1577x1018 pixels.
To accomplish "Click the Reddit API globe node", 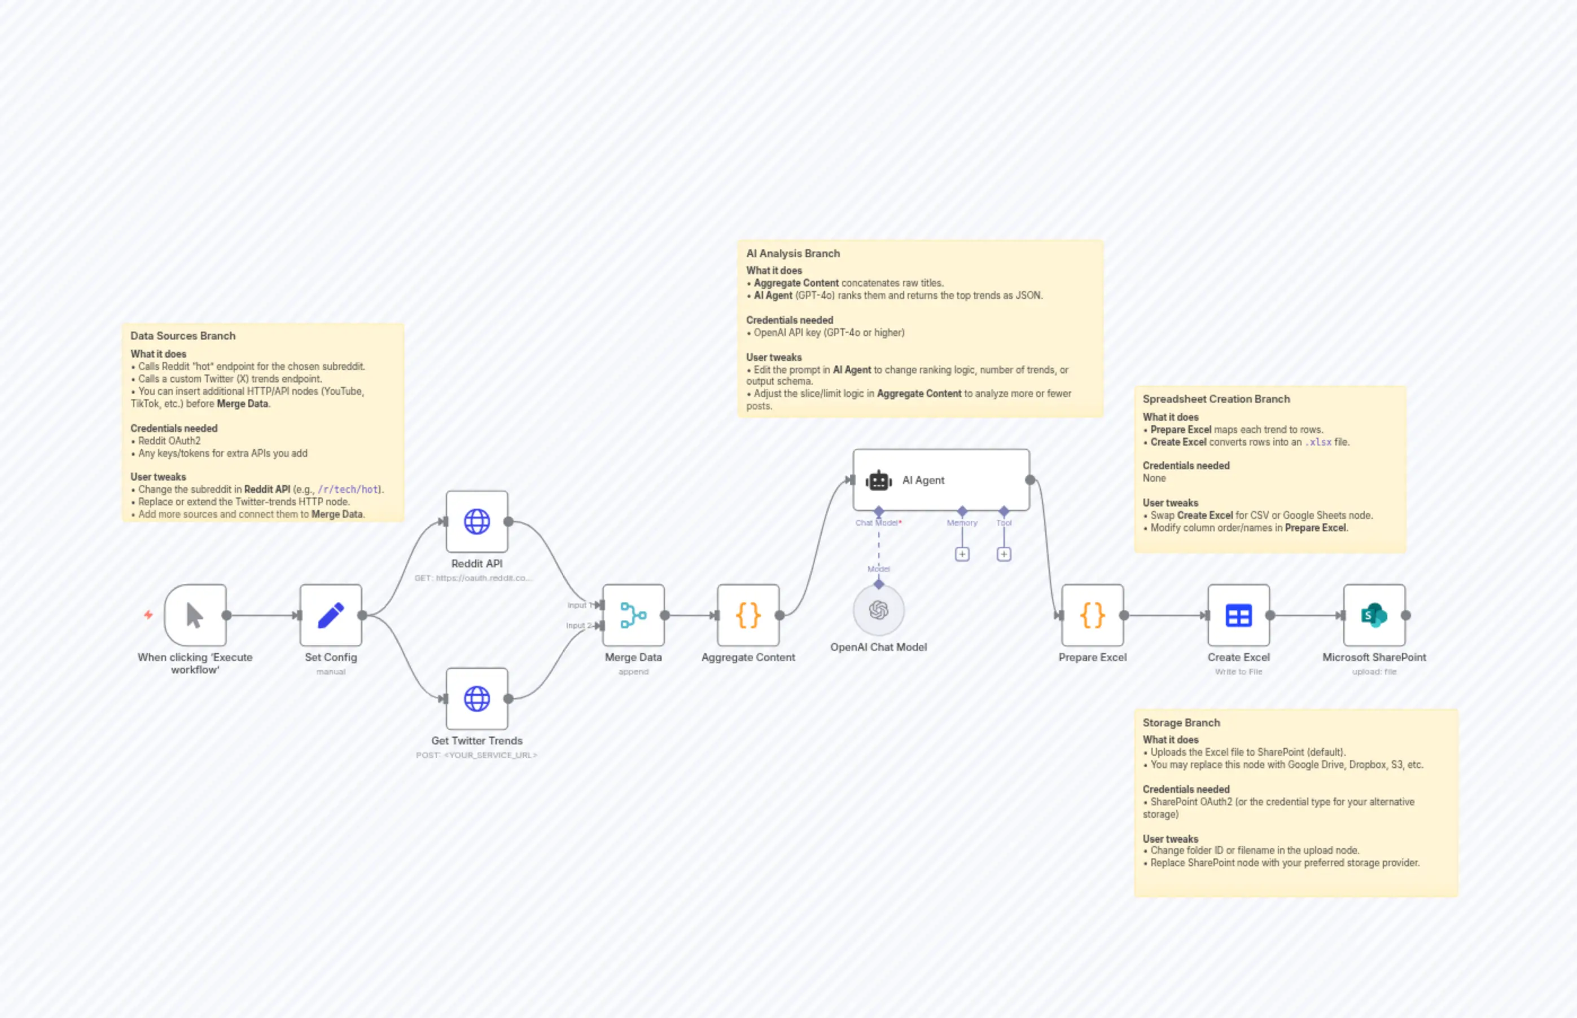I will click(476, 522).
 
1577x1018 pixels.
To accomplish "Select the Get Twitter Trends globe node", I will click(476, 699).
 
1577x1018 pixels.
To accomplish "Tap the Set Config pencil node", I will click(331, 615).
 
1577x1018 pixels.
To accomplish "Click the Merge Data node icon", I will click(633, 615).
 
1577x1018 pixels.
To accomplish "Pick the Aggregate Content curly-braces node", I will click(748, 615).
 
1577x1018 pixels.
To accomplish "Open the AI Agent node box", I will click(941, 481).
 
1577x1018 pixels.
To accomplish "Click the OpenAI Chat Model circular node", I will click(878, 610).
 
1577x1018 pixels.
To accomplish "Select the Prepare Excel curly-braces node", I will click(1092, 615).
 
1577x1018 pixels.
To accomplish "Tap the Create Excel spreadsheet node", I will click(1238, 615).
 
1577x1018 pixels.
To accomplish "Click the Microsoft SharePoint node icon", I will click(1374, 615).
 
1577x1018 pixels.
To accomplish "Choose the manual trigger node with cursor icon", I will click(195, 615).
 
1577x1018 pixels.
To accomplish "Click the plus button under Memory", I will click(962, 554).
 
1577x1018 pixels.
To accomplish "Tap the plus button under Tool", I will click(1004, 554).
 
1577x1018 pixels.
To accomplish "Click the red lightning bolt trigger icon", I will click(148, 615).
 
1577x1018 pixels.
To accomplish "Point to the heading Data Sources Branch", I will click(182, 336).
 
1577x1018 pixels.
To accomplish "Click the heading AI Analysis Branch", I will click(792, 254).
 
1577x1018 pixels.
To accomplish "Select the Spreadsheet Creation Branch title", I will click(1216, 399).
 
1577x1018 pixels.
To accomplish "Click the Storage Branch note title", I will click(1181, 723).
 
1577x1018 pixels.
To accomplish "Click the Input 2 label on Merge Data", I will click(578, 625).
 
